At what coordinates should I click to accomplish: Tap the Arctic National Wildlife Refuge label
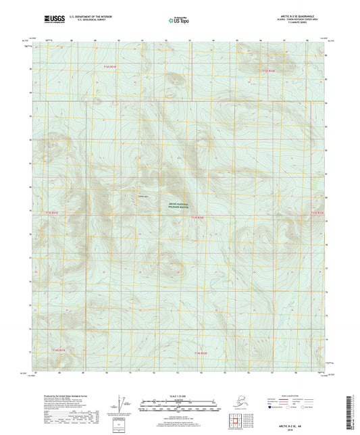tap(179, 207)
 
